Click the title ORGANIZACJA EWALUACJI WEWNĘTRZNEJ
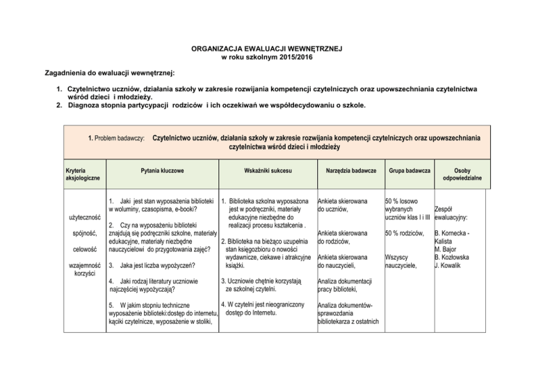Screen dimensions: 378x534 click(x=267, y=50)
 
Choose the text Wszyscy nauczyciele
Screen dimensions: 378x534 click(x=401, y=261)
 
